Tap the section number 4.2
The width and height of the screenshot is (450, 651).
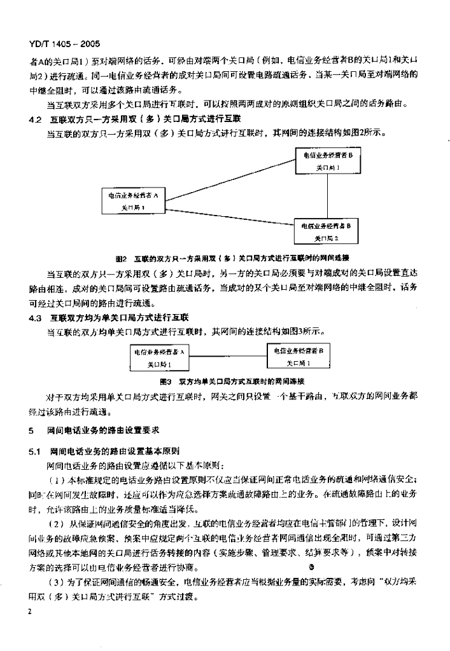click(35, 118)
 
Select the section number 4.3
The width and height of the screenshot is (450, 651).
click(35, 317)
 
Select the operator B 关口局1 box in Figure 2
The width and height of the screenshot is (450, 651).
click(328, 161)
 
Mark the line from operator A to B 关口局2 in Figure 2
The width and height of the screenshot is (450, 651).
click(229, 213)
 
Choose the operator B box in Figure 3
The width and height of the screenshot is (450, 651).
click(299, 356)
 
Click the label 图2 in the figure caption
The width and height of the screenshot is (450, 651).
click(122, 259)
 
